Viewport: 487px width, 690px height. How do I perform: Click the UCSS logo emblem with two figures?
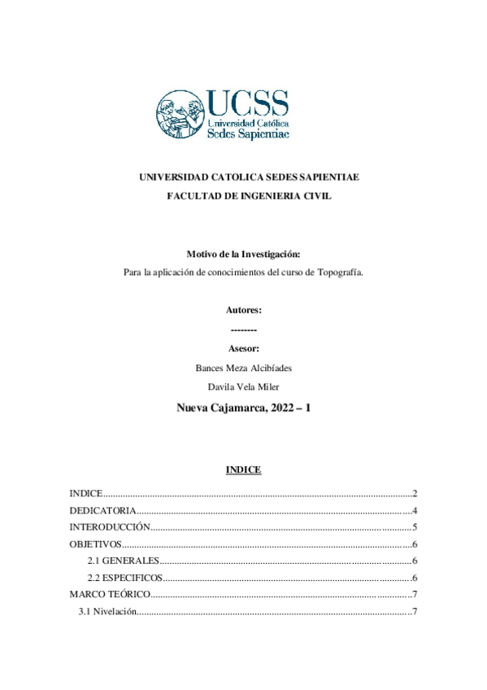coord(181,113)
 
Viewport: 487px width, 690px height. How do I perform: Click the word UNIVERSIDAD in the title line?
coord(175,177)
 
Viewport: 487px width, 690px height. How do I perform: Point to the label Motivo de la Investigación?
coord(244,255)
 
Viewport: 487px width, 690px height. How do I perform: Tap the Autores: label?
coord(244,310)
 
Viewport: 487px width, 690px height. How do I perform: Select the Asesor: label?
coord(244,348)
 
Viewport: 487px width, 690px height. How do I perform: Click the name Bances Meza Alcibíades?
coord(244,367)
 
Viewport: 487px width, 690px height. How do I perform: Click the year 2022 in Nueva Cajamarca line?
coord(284,408)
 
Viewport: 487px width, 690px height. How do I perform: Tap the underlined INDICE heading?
coord(243,470)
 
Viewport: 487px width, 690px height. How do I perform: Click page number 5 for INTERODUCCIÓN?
coord(414,527)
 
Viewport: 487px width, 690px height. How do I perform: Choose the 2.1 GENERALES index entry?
coord(122,561)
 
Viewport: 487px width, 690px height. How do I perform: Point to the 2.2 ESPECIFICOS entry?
coord(125,579)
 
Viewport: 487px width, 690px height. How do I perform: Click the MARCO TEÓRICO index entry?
coord(109,595)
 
